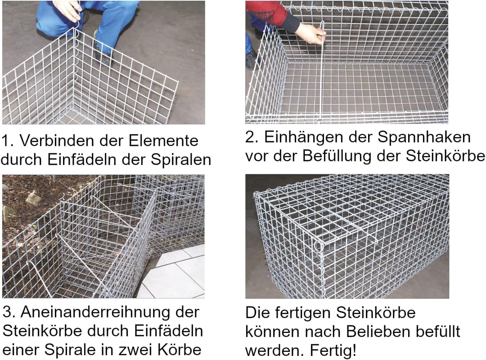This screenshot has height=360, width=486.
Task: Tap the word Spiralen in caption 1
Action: (181, 160)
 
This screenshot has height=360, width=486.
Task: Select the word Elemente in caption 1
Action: (163, 140)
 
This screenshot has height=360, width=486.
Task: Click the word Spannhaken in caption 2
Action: (424, 138)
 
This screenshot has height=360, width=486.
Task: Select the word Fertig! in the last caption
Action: (333, 351)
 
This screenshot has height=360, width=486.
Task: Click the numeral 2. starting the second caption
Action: (252, 137)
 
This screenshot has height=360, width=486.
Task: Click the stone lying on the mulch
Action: (34, 198)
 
